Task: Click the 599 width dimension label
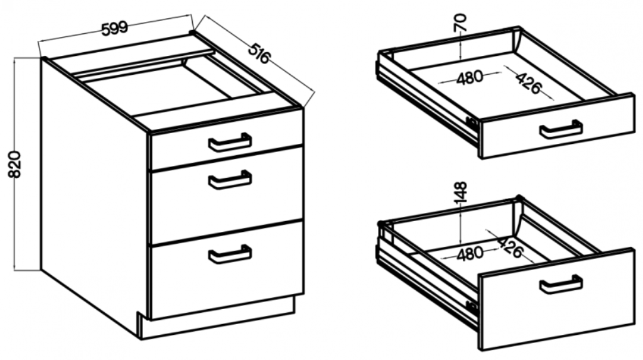click(x=115, y=28)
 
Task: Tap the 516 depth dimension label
click(x=259, y=53)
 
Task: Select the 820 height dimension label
click(x=15, y=164)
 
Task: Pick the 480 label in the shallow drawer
click(x=469, y=77)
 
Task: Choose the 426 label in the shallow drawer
click(x=529, y=83)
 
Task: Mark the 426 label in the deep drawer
click(x=510, y=247)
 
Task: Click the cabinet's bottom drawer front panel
click(x=227, y=270)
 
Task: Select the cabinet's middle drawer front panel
click(x=227, y=195)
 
